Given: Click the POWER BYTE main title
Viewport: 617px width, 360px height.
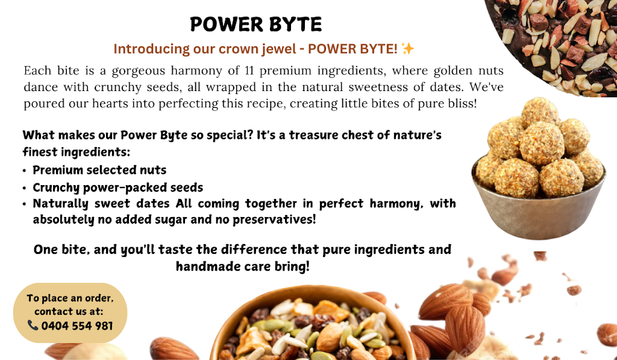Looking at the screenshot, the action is point(255,24).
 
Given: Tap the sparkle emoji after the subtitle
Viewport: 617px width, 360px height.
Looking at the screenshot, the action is point(408,49).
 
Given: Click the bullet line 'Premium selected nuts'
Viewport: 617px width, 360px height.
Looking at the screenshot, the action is point(99,170).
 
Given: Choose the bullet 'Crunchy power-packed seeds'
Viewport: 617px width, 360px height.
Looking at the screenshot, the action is point(117,188).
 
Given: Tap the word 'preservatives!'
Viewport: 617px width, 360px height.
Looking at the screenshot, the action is point(274,219).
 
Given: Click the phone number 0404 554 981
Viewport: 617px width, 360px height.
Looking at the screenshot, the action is point(77,326).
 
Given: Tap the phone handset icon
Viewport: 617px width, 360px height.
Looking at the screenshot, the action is point(33,326).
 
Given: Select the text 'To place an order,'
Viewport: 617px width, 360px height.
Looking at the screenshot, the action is point(70,298).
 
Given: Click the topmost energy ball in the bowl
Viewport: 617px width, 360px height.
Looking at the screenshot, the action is point(540,112).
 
